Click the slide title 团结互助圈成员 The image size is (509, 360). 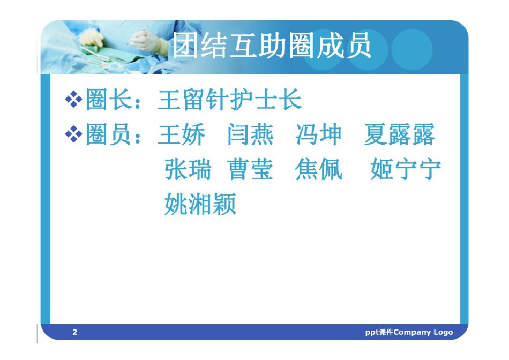click(x=272, y=45)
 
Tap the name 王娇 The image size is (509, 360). click(x=182, y=134)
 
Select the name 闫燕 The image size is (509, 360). click(x=250, y=134)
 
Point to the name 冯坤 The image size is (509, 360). click(x=318, y=134)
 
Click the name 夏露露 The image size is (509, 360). click(x=399, y=134)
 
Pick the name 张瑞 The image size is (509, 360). click(x=188, y=169)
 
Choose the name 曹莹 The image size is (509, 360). click(x=250, y=169)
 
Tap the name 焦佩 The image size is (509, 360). click(x=318, y=169)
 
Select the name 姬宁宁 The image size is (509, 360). click(x=406, y=169)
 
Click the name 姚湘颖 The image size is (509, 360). click(x=200, y=204)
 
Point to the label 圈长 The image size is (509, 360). click(x=109, y=99)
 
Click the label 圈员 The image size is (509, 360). click(x=109, y=134)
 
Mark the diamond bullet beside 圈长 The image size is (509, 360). click(x=74, y=99)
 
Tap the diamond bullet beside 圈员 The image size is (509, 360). click(x=74, y=134)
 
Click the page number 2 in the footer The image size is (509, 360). click(x=75, y=332)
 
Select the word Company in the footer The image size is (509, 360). click(x=412, y=332)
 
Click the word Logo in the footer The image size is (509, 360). click(x=443, y=332)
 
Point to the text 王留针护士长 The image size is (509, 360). click(x=230, y=99)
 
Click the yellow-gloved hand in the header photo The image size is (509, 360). click(x=92, y=39)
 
